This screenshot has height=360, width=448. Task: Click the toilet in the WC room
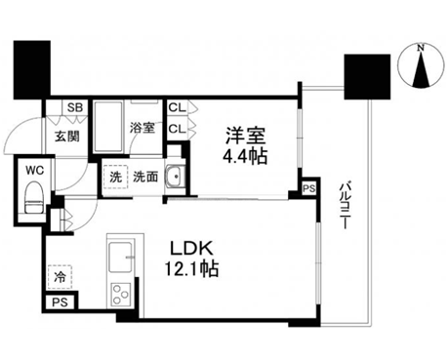(x=34, y=198)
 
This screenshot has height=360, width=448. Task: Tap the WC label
(x=35, y=170)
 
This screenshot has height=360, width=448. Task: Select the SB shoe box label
(x=75, y=107)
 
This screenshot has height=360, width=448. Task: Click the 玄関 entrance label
(x=67, y=137)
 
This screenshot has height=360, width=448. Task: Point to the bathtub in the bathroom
(x=108, y=127)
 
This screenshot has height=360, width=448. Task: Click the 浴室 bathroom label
(x=143, y=128)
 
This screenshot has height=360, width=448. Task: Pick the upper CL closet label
(x=177, y=107)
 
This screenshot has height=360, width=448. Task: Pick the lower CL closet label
(x=177, y=129)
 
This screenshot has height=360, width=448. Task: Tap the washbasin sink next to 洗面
(x=176, y=177)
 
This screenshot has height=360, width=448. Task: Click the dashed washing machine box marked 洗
(x=115, y=177)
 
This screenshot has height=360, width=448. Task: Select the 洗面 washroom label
(x=145, y=177)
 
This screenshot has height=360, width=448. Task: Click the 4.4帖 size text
(x=245, y=157)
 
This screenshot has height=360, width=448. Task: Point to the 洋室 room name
(x=246, y=136)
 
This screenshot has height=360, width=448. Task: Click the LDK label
(x=192, y=249)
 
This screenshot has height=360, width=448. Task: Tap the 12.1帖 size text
(x=191, y=268)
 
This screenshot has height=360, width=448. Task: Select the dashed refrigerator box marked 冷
(x=60, y=277)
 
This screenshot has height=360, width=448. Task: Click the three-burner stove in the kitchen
(x=121, y=295)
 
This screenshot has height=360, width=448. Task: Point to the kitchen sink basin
(x=121, y=257)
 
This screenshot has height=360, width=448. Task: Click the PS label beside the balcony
(x=308, y=188)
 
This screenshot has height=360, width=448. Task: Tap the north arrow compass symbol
(x=421, y=66)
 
